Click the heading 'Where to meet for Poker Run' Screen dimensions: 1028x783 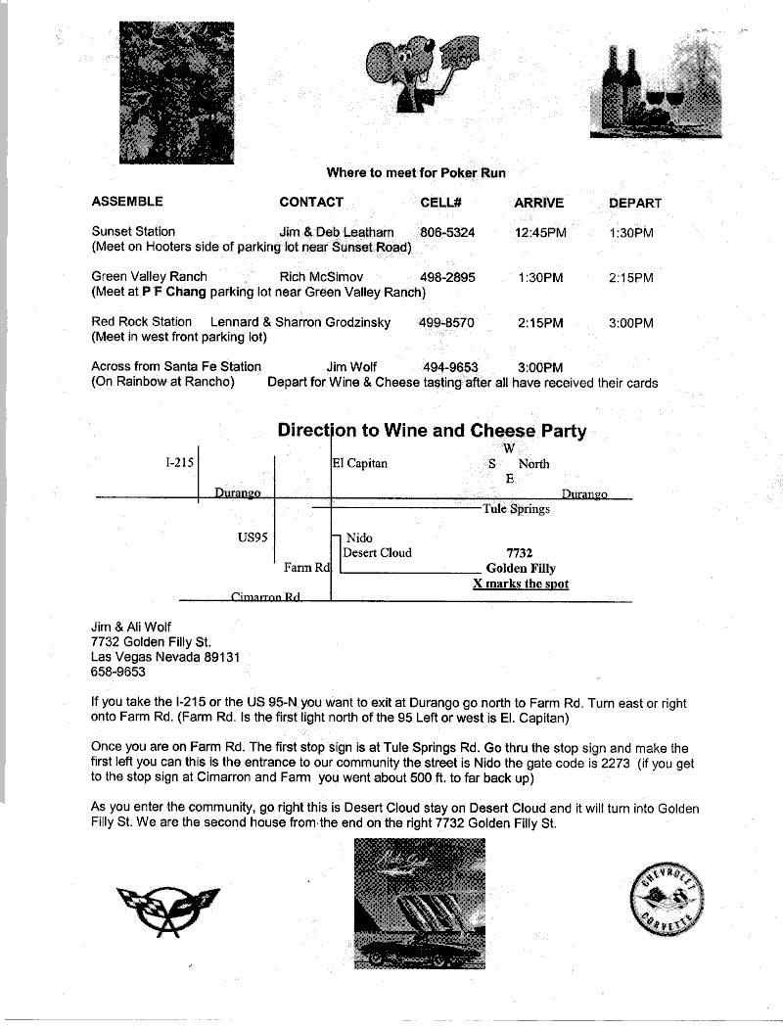point(416,173)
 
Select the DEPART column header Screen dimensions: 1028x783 point(635,204)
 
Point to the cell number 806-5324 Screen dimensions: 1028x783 point(447,233)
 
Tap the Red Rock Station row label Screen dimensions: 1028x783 point(141,322)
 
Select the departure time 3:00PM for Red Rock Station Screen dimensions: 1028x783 point(630,323)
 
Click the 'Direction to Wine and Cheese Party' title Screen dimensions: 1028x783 point(432,431)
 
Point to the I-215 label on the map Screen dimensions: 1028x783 point(179,461)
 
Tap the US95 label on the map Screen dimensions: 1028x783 point(253,537)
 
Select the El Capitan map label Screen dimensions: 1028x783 point(360,463)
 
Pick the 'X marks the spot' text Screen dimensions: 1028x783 point(521,584)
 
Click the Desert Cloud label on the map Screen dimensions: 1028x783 point(377,552)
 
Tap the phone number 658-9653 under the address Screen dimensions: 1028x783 point(117,673)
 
